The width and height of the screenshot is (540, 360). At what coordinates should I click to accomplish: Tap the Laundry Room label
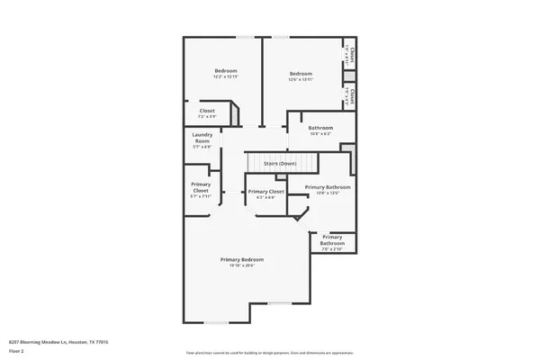tap(202, 139)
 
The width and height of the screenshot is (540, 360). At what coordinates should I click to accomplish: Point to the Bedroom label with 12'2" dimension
tap(225, 71)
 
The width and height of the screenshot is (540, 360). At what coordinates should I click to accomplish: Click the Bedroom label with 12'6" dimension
tap(301, 74)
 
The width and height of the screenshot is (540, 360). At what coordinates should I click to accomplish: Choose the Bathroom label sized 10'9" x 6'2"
tap(320, 128)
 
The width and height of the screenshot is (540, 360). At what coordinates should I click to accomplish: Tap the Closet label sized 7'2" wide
tap(207, 112)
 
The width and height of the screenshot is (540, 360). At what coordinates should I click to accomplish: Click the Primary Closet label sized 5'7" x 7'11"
tap(201, 187)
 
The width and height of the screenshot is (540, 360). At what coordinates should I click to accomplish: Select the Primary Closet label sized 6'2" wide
tap(265, 192)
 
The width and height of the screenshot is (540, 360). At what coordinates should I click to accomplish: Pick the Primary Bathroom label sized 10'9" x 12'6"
tap(327, 187)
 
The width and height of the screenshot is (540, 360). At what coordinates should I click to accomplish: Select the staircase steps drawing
tap(282, 163)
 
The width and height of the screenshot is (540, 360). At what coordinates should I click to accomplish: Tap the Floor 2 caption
tap(16, 351)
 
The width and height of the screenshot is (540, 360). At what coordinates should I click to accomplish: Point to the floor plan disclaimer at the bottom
tap(270, 352)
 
